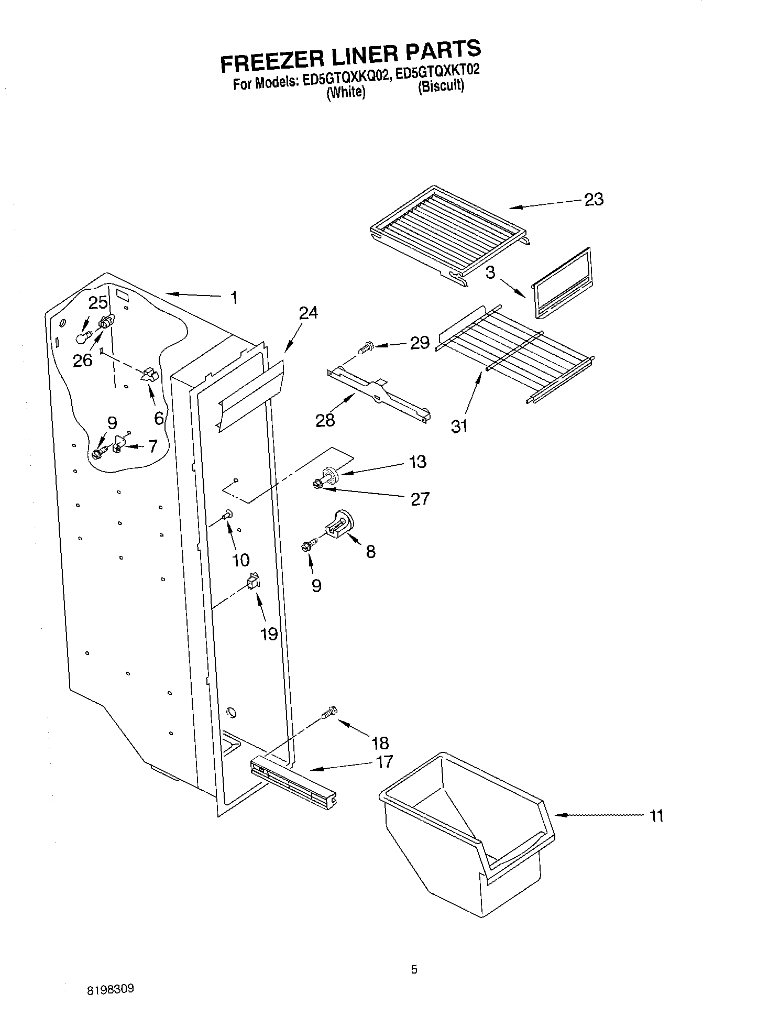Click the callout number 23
coord(594,199)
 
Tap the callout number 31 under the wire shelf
coord(459,427)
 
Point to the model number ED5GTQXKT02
coord(437,72)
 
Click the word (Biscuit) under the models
coord(441,86)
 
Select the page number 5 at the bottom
coord(414,970)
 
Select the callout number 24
coord(308,313)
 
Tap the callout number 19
coord(269,634)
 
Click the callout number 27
coord(420,498)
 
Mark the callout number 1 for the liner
coord(234,298)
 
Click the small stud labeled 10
coord(228,515)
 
